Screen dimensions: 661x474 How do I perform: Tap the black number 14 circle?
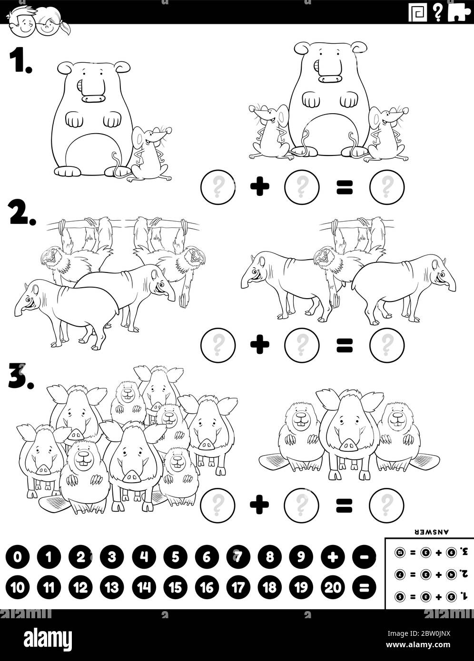tap(144, 588)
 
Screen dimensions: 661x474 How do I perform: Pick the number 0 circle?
tap(18, 557)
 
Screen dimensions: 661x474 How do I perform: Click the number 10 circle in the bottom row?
tap(18, 588)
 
